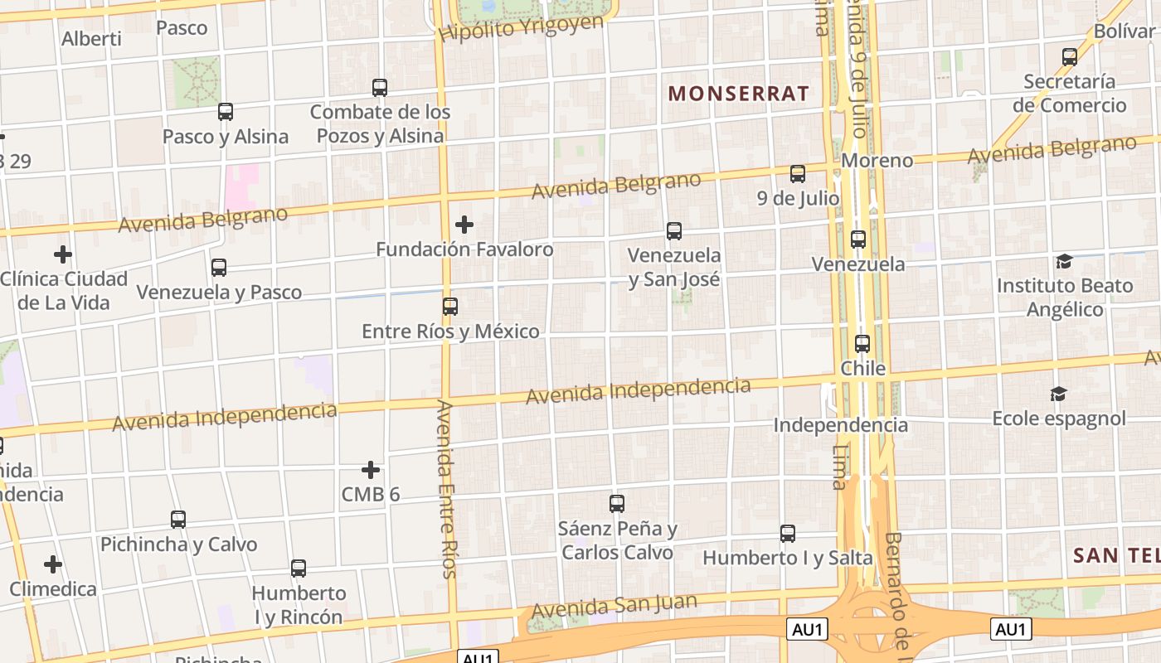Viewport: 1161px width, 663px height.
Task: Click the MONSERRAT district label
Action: coord(738,94)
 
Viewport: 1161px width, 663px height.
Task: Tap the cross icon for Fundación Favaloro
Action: coord(464,225)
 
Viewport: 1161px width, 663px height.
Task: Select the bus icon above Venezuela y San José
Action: coord(674,231)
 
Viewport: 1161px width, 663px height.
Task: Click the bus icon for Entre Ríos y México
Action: coord(450,307)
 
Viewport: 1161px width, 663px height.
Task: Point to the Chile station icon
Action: coord(862,344)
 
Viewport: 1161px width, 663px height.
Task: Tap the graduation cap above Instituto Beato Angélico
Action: coord(1064,262)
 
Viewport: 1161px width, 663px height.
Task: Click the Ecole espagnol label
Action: coord(1059,418)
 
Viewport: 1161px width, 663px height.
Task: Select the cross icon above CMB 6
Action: coord(371,471)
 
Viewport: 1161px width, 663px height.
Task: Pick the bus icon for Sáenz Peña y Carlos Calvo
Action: coord(617,503)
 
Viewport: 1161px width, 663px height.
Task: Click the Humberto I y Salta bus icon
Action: coord(788,534)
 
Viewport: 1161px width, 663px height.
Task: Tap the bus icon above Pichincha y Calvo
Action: coord(178,520)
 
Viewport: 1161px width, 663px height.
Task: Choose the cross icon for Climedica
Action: coord(53,565)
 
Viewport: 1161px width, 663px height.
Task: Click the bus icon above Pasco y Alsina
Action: coord(226,112)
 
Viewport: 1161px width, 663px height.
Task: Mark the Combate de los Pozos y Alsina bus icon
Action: coord(380,87)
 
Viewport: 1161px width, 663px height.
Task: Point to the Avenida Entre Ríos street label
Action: coord(445,489)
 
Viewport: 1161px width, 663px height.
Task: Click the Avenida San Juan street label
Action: coord(614,606)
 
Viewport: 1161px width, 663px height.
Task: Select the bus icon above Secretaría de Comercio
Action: coord(1070,57)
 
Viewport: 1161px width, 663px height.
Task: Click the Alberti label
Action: coord(91,38)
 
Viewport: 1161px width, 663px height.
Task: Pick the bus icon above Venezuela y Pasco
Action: coord(219,268)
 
